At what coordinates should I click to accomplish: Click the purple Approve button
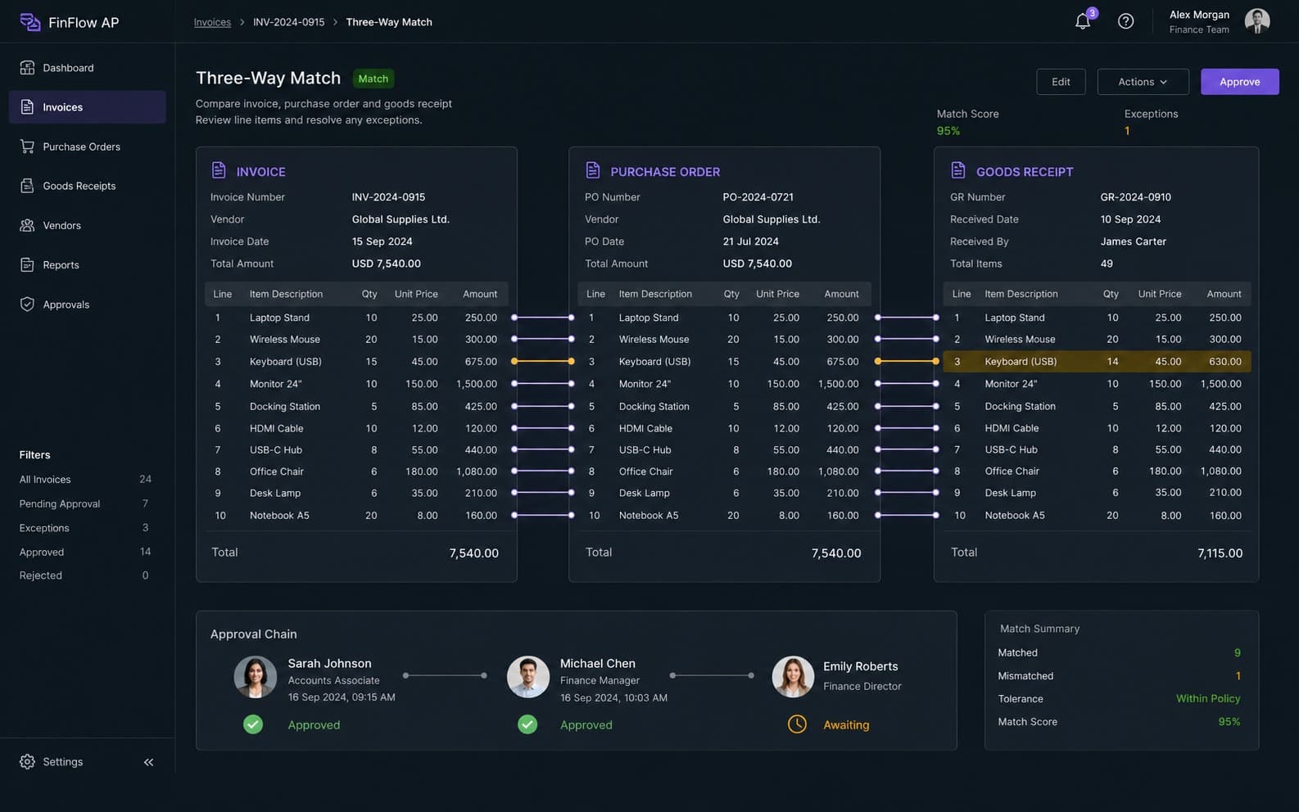(1239, 82)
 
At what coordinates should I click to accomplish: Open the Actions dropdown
(1143, 82)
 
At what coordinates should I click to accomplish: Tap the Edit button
(1061, 82)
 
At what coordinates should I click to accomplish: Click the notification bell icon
(1082, 21)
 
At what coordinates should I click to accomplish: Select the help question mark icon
(1125, 21)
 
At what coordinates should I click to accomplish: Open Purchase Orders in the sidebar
(81, 147)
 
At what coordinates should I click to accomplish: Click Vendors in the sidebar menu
(61, 225)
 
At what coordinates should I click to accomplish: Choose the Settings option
(62, 761)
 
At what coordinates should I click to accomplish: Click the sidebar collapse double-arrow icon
(148, 762)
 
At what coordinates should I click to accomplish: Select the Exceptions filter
(44, 528)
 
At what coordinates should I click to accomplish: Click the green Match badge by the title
(373, 79)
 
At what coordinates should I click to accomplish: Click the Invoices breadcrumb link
(212, 22)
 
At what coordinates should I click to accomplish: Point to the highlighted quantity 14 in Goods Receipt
(1111, 361)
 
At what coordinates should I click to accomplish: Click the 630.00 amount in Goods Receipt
(1224, 361)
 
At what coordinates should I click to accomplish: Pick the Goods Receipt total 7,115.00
(1220, 553)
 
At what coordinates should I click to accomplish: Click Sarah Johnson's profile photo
(256, 676)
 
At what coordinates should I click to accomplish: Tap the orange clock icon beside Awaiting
(797, 724)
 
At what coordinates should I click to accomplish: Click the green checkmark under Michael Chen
(527, 724)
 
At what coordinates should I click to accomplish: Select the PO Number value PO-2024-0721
(758, 197)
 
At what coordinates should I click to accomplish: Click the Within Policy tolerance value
(1208, 698)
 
